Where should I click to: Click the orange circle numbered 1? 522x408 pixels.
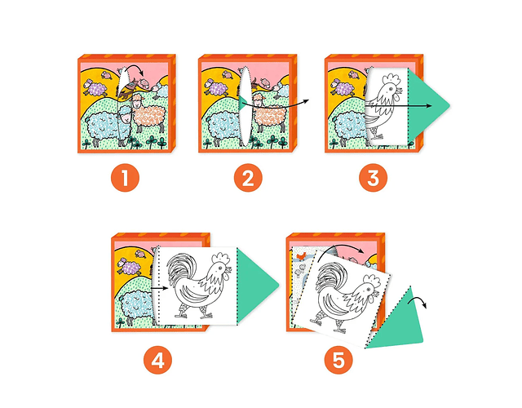tap(125, 178)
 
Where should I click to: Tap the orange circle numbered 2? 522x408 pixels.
tap(248, 178)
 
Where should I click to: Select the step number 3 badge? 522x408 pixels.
tap(374, 178)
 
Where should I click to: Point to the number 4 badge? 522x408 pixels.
tap(157, 360)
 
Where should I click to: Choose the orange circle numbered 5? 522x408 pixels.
tap(338, 360)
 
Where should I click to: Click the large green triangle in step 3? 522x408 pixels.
tap(426, 106)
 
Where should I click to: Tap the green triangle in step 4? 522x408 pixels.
tap(254, 286)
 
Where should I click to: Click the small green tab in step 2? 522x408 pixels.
tap(242, 104)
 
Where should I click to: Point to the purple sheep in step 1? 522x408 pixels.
tap(95, 87)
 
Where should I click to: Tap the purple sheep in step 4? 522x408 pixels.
tap(129, 267)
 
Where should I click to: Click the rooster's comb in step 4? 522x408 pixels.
tap(221, 259)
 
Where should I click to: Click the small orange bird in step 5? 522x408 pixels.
tap(301, 255)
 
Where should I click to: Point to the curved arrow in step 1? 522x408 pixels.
tap(134, 69)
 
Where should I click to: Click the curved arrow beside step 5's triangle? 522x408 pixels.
tap(418, 300)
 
